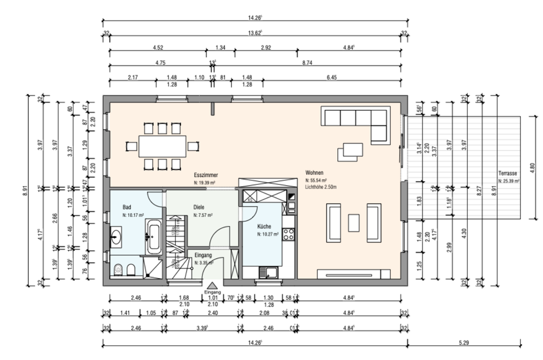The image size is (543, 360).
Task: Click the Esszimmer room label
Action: tap(206, 175)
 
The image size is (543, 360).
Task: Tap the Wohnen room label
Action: tap(314, 172)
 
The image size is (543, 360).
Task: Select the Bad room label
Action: tap(127, 207)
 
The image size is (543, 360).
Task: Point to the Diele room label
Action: tap(199, 207)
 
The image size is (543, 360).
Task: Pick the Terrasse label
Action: tap(508, 173)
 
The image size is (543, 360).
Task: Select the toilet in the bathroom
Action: tap(118, 269)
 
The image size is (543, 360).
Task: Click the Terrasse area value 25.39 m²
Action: tap(508, 181)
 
